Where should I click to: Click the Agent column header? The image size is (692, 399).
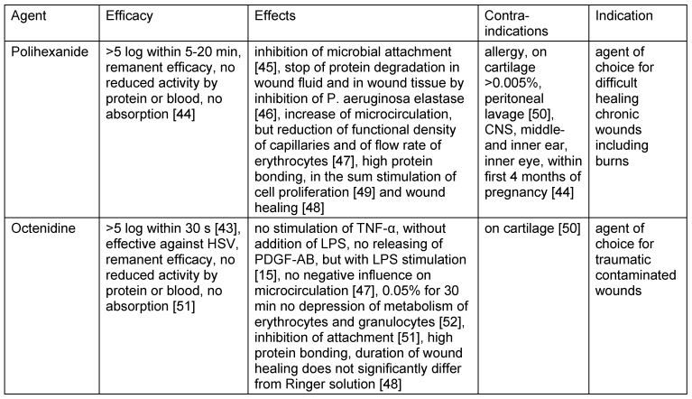click(x=29, y=16)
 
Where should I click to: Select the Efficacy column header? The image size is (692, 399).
click(x=129, y=16)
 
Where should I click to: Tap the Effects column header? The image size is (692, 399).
click(x=275, y=15)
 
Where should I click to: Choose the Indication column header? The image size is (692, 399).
click(x=624, y=15)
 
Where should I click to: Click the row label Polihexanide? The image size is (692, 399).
click(x=50, y=51)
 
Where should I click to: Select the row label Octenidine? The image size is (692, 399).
click(x=43, y=228)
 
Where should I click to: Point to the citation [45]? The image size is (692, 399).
click(x=265, y=68)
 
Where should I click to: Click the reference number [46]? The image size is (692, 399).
click(x=265, y=115)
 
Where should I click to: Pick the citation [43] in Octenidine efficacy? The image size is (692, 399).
click(x=227, y=228)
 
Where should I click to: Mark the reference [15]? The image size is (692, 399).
click(x=265, y=275)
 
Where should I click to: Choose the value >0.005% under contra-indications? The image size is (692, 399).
click(x=512, y=83)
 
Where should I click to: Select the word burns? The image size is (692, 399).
click(x=612, y=161)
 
